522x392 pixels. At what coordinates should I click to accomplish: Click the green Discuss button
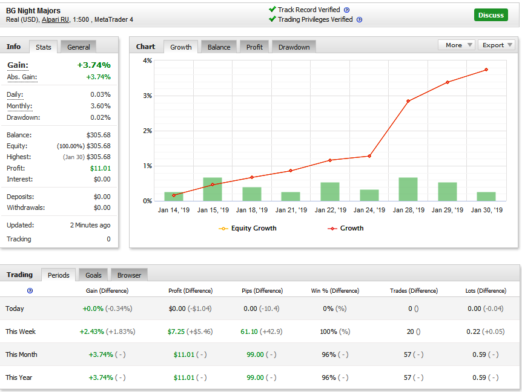491,15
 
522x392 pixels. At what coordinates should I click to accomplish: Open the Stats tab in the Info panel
43,47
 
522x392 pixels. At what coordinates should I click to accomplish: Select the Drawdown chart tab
294,47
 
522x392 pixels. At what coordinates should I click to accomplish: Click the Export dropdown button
497,45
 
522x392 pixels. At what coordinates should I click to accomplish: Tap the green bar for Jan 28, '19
408,189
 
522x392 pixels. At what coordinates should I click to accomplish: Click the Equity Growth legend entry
248,228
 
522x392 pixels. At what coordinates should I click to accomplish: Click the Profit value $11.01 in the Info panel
101,168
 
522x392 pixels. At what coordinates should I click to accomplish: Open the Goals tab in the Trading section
93,275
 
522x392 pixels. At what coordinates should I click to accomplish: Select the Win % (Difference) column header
335,291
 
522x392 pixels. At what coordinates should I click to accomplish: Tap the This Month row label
21,354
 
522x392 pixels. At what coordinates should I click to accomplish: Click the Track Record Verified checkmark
272,10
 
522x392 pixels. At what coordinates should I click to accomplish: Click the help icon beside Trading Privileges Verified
359,19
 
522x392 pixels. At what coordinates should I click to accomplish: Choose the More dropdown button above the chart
455,45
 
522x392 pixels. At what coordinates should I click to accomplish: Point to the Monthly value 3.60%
101,106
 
